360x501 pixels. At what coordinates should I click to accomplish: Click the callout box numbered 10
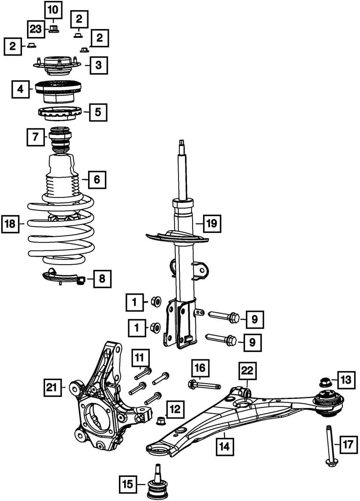(x=53, y=10)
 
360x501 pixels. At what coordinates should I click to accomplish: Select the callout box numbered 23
(x=36, y=30)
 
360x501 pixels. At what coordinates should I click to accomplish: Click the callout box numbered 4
(x=21, y=89)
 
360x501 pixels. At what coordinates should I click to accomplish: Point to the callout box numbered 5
(x=98, y=112)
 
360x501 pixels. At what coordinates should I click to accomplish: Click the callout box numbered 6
(x=97, y=179)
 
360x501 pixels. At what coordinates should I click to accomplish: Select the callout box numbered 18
(x=10, y=224)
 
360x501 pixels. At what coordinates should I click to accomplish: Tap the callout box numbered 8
(x=102, y=279)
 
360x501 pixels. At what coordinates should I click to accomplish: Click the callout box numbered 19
(x=212, y=223)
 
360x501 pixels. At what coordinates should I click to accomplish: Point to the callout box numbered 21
(x=52, y=388)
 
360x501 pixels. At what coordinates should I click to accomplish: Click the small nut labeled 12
(x=160, y=421)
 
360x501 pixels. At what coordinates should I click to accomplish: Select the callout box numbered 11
(x=140, y=358)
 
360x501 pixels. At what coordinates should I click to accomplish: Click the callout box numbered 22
(x=247, y=371)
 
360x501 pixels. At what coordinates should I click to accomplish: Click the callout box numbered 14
(x=224, y=446)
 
